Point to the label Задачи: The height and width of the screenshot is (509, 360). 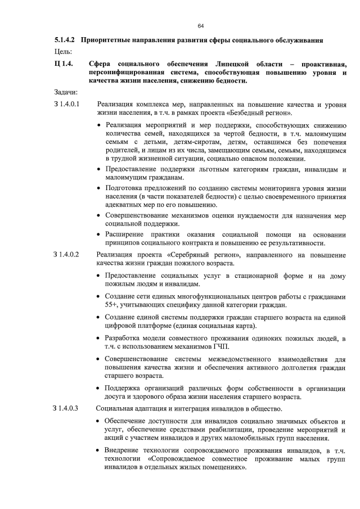(65, 92)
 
